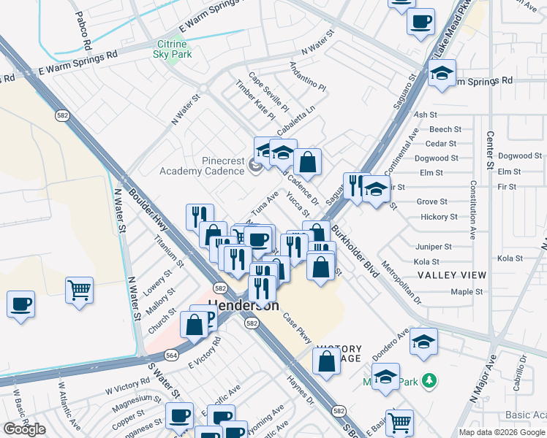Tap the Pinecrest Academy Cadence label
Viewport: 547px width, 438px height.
pyautogui.click(x=202, y=166)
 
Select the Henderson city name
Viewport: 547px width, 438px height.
pyautogui.click(x=244, y=306)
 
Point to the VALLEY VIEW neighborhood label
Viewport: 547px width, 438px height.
pyautogui.click(x=451, y=275)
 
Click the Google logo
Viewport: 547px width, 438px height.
pyautogui.click(x=24, y=429)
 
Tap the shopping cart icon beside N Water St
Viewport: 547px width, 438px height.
pyautogui.click(x=79, y=289)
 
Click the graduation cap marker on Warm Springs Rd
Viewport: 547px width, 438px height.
pyautogui.click(x=442, y=74)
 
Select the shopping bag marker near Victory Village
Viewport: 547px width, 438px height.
pyautogui.click(x=326, y=360)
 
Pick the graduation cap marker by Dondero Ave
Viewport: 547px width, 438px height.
pyautogui.click(x=423, y=342)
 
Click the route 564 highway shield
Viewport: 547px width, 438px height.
pyautogui.click(x=172, y=355)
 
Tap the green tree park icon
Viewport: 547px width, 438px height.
pyautogui.click(x=431, y=380)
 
